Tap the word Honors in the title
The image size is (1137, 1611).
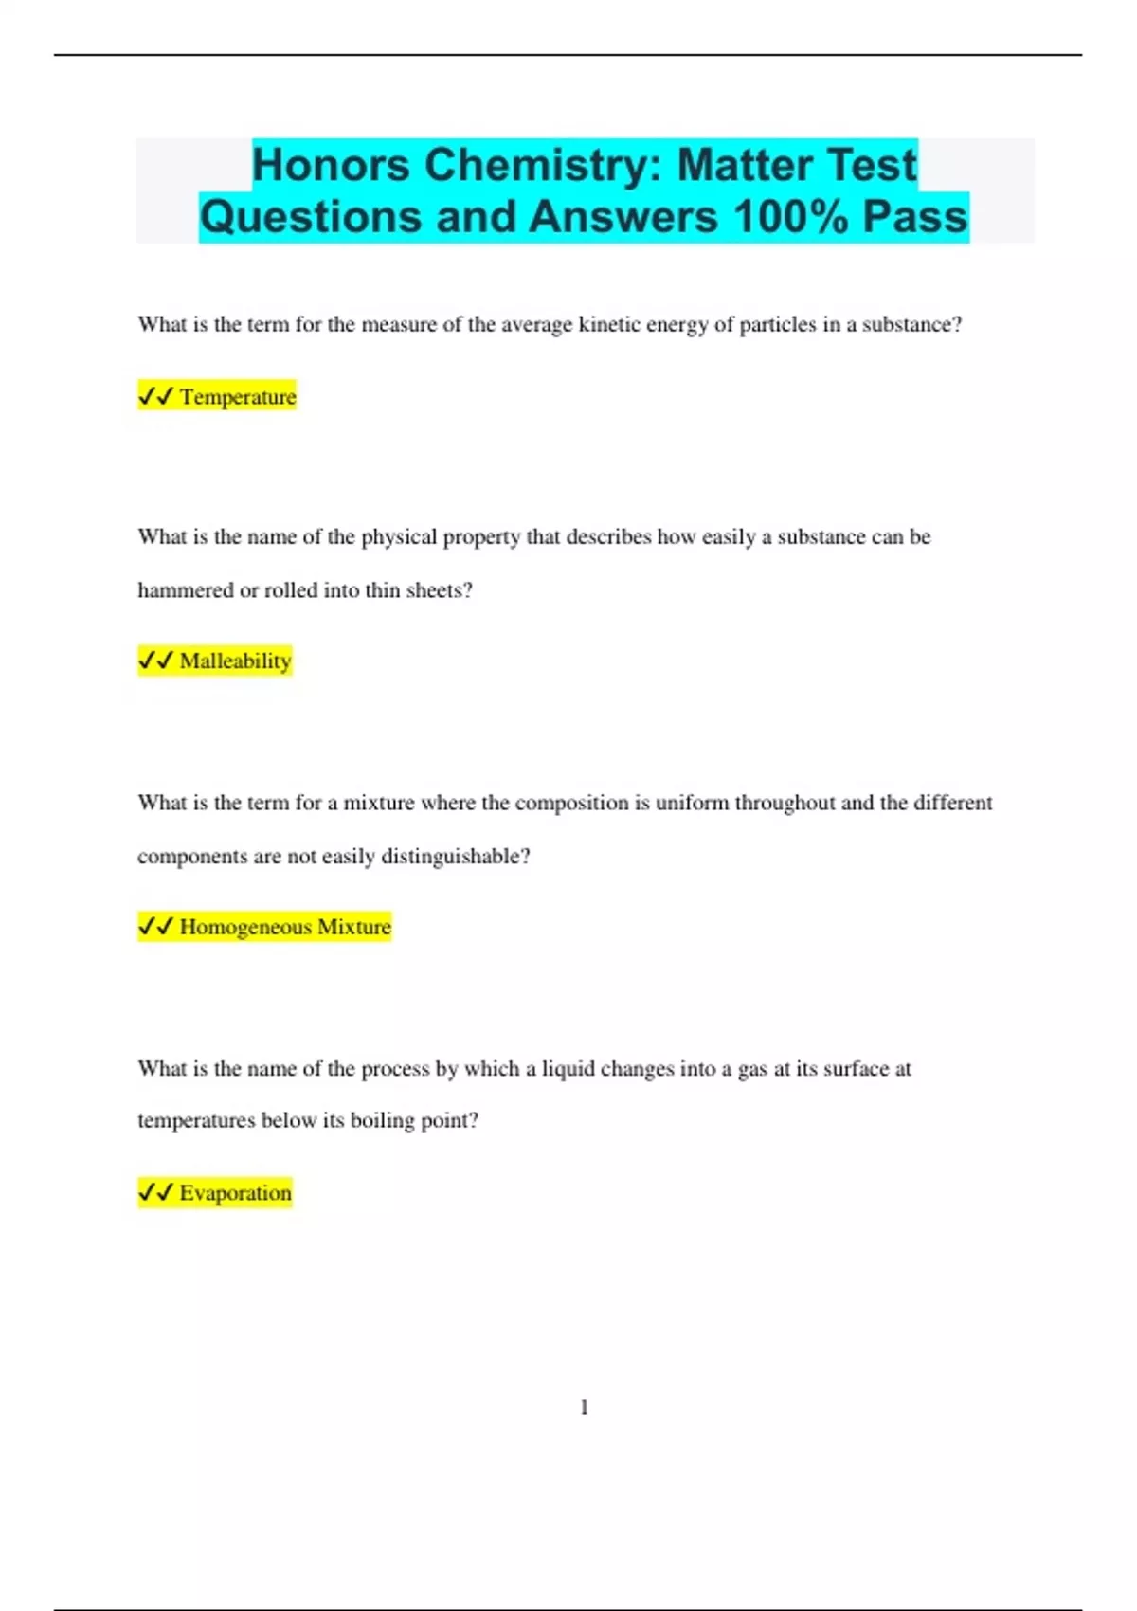331,165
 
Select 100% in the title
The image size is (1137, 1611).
791,217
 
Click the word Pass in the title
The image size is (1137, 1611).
914,217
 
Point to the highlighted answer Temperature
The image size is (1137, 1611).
238,396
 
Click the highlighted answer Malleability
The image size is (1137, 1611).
235,661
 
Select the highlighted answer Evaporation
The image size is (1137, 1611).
235,1192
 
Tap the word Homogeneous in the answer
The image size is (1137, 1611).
245,927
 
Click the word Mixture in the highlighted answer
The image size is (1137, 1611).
354,927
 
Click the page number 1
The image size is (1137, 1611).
584,1407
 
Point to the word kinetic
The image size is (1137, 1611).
608,325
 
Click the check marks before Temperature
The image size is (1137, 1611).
155,396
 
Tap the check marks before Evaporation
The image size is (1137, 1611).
155,1192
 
